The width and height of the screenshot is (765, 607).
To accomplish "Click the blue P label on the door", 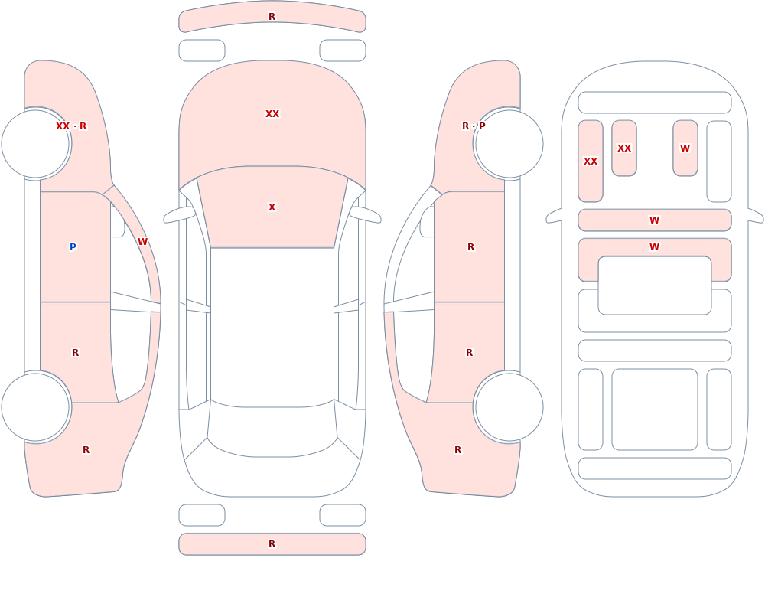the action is tap(73, 247).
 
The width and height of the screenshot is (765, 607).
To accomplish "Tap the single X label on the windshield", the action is tap(272, 207).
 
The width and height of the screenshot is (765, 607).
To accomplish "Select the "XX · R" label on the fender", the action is tap(71, 126).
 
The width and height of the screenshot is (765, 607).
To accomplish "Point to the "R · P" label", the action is tap(474, 126).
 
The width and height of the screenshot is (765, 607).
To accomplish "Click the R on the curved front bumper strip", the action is tap(272, 17).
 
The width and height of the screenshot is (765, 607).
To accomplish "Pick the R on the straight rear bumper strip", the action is tap(272, 544).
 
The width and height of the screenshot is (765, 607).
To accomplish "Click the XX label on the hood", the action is tap(272, 114).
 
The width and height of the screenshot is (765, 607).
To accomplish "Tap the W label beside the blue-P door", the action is tap(142, 242).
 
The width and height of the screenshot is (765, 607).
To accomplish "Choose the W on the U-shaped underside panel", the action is tap(655, 247).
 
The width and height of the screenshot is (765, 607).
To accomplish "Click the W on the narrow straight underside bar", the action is tap(655, 220).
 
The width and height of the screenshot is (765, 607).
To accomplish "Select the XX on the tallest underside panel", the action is tap(591, 162).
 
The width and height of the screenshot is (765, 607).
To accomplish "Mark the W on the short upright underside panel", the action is tap(685, 148).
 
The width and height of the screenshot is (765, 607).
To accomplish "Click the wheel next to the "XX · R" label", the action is tap(36, 144).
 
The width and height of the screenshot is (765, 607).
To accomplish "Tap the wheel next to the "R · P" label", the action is tap(509, 144).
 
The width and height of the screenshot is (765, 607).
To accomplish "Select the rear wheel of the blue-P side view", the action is tap(36, 406).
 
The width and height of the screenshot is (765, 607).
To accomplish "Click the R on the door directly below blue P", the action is tap(75, 353).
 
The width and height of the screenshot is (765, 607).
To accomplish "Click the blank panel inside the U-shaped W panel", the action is tap(655, 286).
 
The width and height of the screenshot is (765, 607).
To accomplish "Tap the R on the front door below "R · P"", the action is tap(470, 247).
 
